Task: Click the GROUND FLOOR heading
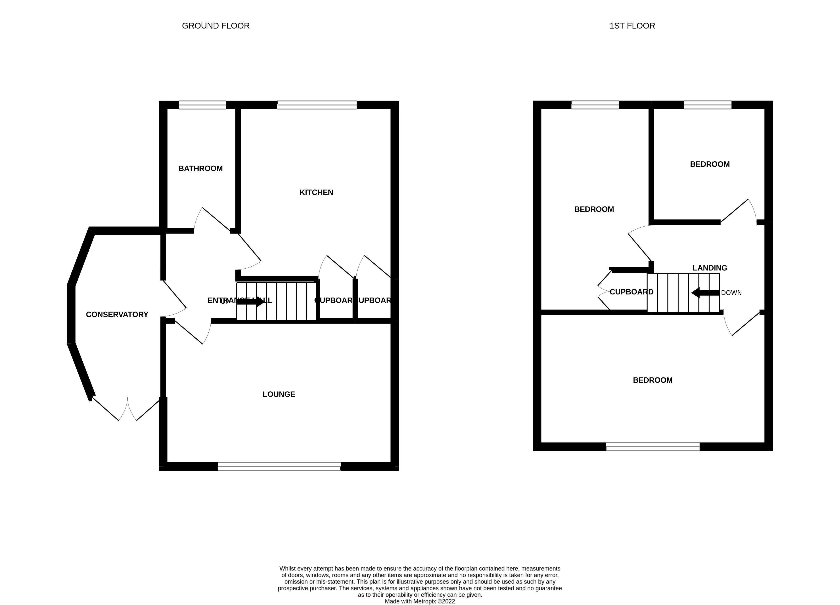click(216, 26)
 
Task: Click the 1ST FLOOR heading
click(632, 26)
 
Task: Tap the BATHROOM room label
click(200, 169)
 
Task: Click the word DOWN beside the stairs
click(731, 293)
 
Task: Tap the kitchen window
click(317, 105)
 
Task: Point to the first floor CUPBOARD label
click(631, 292)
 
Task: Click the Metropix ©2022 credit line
click(420, 601)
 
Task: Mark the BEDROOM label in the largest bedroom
click(653, 380)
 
